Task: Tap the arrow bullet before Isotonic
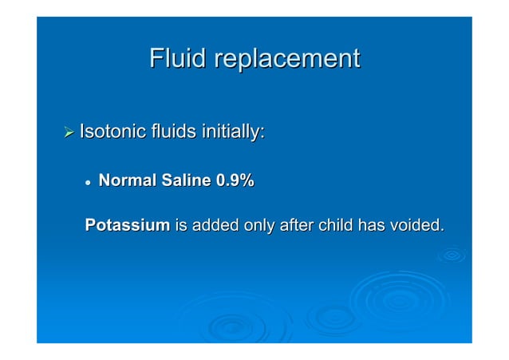click(x=69, y=133)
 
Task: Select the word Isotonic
click(x=112, y=133)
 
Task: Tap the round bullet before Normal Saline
click(x=89, y=183)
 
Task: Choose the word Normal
click(x=127, y=182)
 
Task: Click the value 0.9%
click(x=235, y=182)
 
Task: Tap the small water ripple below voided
click(x=452, y=255)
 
